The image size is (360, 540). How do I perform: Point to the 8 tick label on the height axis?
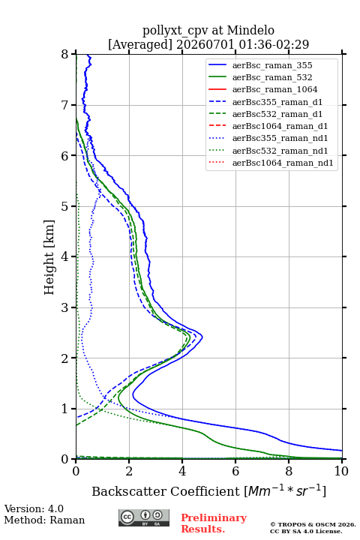tap(65, 55)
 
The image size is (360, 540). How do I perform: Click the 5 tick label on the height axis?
tap(65, 207)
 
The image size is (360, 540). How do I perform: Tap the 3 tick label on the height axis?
tap(65, 307)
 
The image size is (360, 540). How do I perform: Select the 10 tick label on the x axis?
tap(341, 471)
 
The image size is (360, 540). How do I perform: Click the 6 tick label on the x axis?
tap(235, 471)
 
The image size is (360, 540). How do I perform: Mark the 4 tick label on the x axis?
tap(182, 471)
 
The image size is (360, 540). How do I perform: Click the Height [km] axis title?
tap(49, 257)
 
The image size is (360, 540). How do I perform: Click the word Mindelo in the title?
tap(250, 30)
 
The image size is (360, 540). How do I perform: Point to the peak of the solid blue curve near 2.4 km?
tap(202, 337)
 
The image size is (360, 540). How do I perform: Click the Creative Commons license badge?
tap(144, 517)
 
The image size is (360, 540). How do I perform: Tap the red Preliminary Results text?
tap(214, 523)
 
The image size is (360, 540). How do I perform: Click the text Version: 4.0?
tap(34, 508)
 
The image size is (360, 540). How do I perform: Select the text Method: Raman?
tap(44, 520)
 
